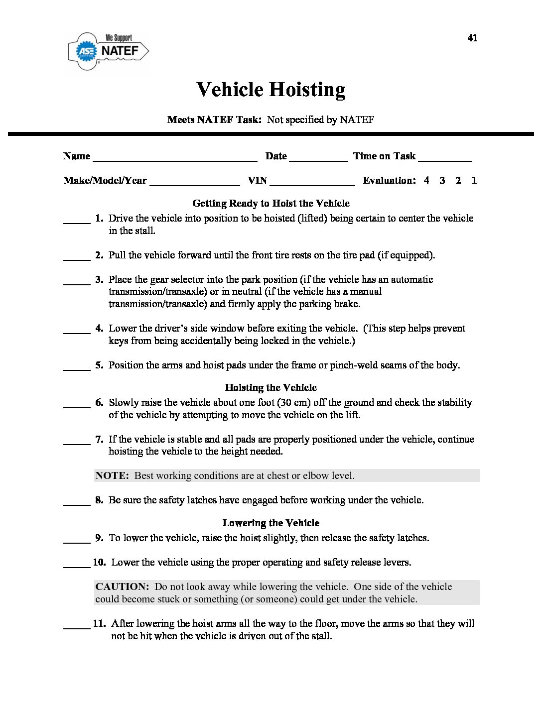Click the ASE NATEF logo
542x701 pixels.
(x=109, y=51)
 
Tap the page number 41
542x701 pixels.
(x=472, y=38)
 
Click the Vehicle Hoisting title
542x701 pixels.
(x=271, y=90)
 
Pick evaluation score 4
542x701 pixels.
(x=426, y=181)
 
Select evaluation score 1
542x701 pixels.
(x=474, y=181)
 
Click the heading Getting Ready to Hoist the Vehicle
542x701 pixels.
(x=271, y=203)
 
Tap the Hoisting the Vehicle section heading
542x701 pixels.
(x=271, y=387)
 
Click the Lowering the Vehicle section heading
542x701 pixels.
(x=271, y=523)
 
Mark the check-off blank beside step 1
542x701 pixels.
(x=77, y=222)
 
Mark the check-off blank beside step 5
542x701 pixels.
(x=77, y=368)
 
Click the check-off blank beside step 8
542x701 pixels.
(x=77, y=503)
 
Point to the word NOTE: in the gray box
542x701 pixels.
(x=112, y=475)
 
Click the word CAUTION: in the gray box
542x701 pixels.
(x=122, y=586)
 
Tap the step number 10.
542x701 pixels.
(x=99, y=562)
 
